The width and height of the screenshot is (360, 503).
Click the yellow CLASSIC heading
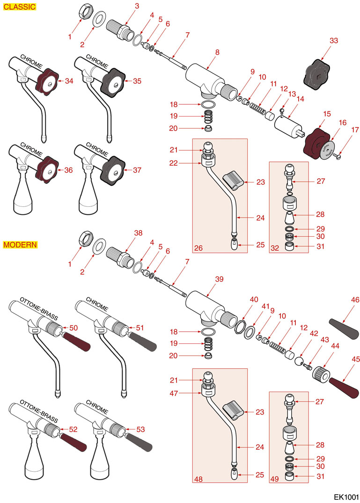tap(20, 7)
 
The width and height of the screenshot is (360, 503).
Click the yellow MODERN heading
tap(20, 245)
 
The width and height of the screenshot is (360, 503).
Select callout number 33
tap(334, 41)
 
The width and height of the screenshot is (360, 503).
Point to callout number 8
tap(217, 52)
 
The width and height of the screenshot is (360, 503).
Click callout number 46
tap(355, 300)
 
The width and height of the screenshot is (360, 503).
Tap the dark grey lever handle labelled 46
tap(344, 329)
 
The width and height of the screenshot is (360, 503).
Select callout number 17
tap(355, 130)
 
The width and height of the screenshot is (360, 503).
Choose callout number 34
tap(69, 81)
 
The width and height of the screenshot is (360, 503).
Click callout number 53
tap(140, 429)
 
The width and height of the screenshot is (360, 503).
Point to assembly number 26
tap(198, 248)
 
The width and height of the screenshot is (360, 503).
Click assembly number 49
tap(275, 479)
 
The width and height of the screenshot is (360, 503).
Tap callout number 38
tap(138, 233)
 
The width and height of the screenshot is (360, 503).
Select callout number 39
tap(219, 279)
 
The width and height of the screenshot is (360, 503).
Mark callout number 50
tap(73, 328)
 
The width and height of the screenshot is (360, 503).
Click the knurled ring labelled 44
tap(321, 375)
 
